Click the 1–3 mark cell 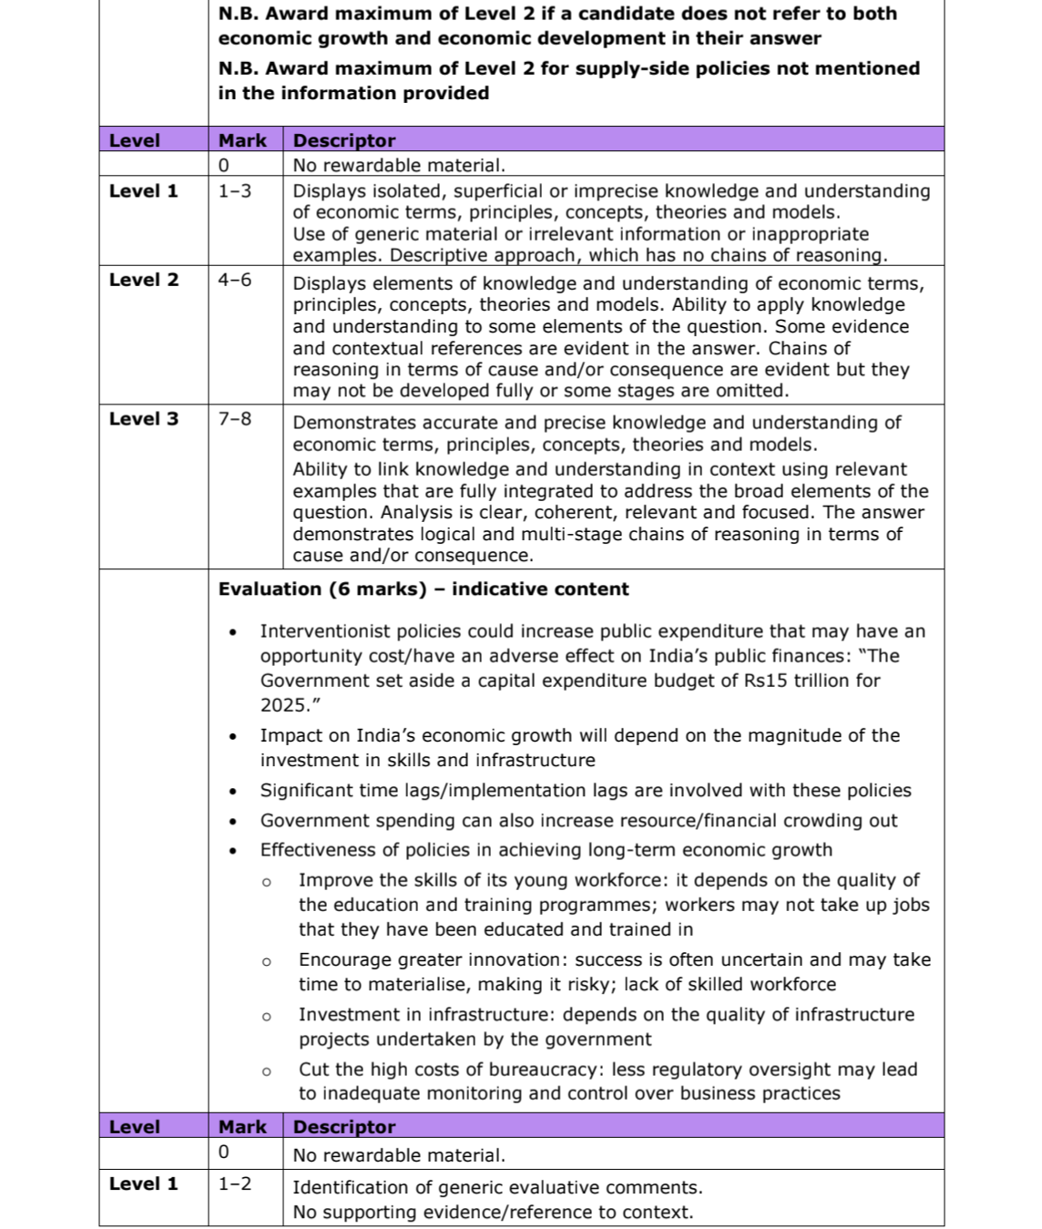click(x=235, y=191)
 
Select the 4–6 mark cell click(x=235, y=280)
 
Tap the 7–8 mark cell click(x=235, y=419)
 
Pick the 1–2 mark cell click(x=235, y=1183)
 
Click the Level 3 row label click(x=144, y=419)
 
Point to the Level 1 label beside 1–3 click(x=144, y=191)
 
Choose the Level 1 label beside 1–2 click(x=144, y=1183)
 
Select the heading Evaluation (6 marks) click(x=322, y=589)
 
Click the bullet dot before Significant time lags click(x=234, y=792)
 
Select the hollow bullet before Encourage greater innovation click(x=267, y=961)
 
